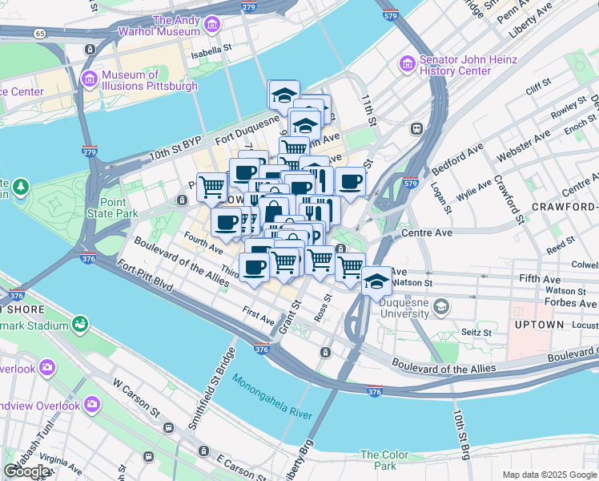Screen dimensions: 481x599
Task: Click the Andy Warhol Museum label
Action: [x=175, y=26]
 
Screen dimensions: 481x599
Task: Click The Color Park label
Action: [x=379, y=460]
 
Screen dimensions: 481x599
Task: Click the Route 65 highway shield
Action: [x=40, y=34]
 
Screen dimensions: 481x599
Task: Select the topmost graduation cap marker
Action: [x=283, y=96]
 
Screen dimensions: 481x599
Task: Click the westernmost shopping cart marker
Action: [x=212, y=187]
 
